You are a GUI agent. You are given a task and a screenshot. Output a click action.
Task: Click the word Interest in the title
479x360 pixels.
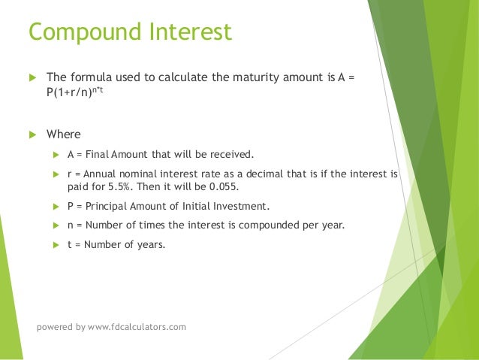coord(188,34)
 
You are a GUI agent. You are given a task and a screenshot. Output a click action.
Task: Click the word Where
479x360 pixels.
coord(63,135)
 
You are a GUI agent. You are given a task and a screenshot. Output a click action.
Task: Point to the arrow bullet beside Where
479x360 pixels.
coord(32,135)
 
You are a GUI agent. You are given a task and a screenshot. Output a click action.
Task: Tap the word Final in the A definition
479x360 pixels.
coord(98,155)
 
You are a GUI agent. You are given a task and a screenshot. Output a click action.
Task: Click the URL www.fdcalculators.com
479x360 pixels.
coord(137,327)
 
